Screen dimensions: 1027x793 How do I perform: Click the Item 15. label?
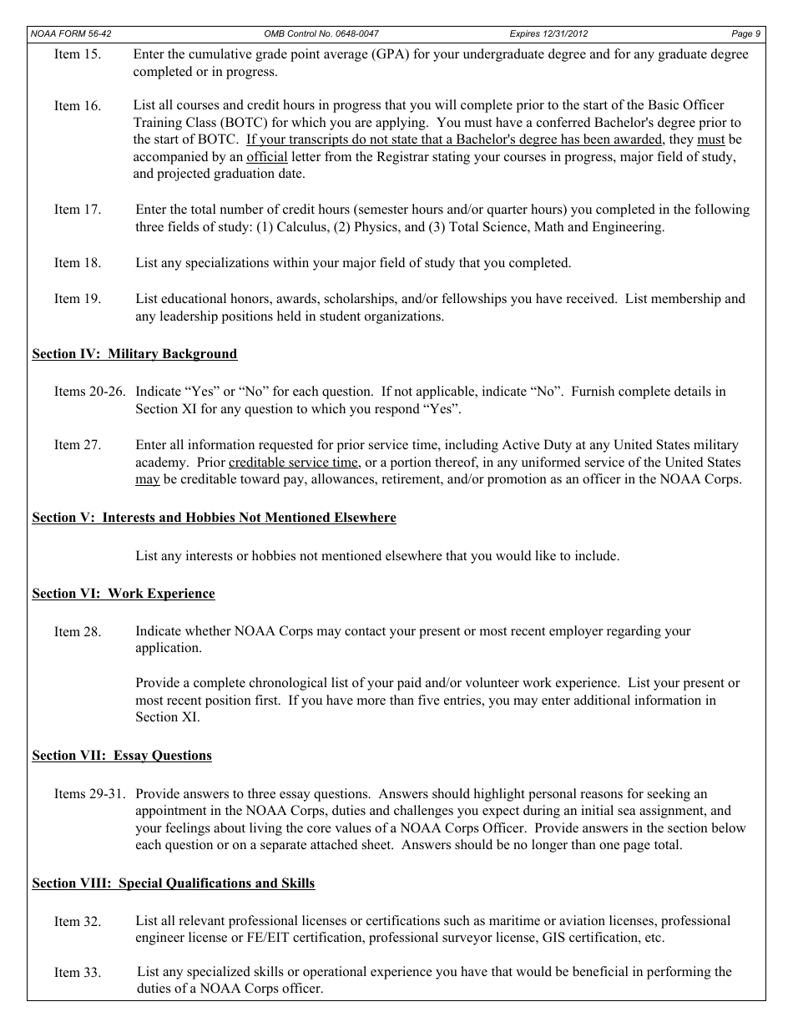78,54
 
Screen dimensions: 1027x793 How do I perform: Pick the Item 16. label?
78,106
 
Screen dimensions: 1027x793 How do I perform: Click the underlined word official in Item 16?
267,157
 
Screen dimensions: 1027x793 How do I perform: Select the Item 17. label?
78,210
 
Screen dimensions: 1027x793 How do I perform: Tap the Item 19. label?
78,299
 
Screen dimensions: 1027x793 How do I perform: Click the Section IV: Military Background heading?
134,354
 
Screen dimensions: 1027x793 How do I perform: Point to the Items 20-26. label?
89,392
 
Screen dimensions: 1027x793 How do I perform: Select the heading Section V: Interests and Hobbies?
214,518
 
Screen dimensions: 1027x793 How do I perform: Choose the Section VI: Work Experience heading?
124,594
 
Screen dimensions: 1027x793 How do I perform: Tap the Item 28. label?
78,632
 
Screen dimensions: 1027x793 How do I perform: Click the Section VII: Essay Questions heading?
122,756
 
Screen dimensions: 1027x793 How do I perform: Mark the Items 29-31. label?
89,794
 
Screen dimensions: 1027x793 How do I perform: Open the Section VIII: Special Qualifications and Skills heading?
174,883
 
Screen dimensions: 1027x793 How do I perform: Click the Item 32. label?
78,922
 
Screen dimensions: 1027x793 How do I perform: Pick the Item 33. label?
78,973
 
